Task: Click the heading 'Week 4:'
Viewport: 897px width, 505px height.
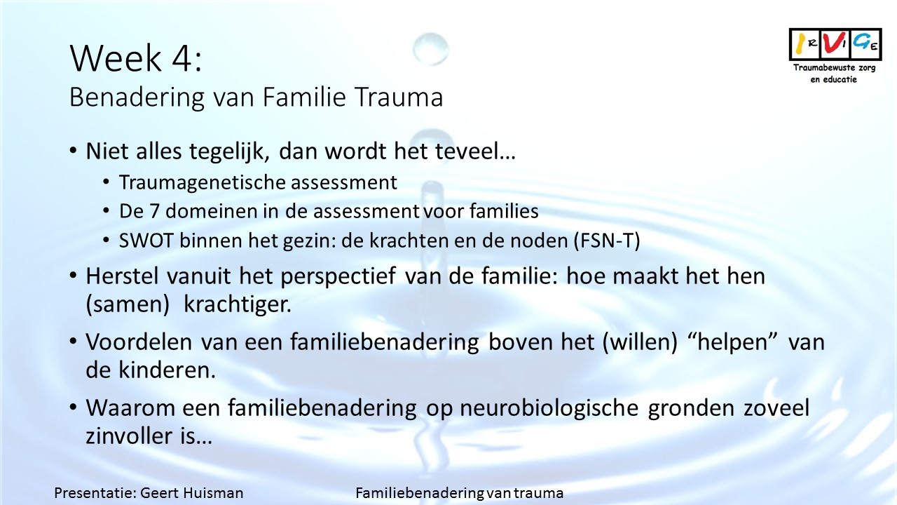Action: pyautogui.click(x=136, y=58)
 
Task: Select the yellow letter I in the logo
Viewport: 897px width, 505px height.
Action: pyautogui.click(x=800, y=43)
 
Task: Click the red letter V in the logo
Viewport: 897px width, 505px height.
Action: pyautogui.click(x=832, y=43)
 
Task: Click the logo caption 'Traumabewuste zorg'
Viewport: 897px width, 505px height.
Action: pyautogui.click(x=834, y=67)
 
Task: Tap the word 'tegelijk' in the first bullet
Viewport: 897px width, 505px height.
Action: pyautogui.click(x=229, y=152)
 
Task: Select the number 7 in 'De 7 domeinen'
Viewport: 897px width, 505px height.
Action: pyautogui.click(x=154, y=211)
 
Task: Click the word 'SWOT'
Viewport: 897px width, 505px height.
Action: pyautogui.click(x=146, y=241)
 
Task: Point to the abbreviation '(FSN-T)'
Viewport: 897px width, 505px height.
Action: pyautogui.click(x=607, y=241)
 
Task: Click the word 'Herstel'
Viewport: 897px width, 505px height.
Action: pyautogui.click(x=122, y=276)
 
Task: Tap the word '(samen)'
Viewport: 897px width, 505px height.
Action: pyautogui.click(x=128, y=304)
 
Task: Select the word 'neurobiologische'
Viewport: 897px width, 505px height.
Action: pyautogui.click(x=549, y=408)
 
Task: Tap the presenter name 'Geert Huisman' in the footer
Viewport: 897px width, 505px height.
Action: pyautogui.click(x=192, y=493)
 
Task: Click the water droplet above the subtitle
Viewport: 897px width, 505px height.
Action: pyautogui.click(x=430, y=49)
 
